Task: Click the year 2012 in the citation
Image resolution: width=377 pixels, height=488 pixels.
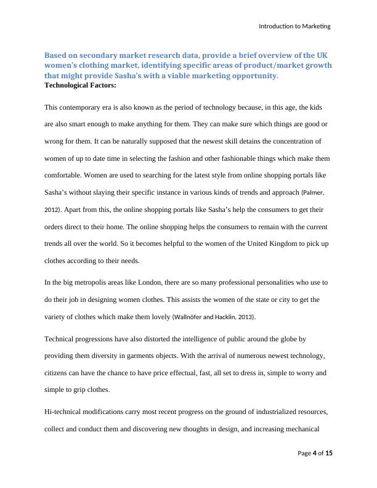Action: [52, 210]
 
